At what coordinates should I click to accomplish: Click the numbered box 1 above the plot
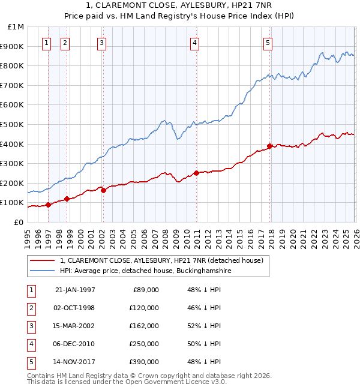tap(47, 43)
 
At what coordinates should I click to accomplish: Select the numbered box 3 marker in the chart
tap(102, 43)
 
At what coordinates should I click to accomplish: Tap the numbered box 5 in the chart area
tap(267, 43)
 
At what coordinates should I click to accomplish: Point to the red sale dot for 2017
tap(270, 146)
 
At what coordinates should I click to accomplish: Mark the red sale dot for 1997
tap(49, 205)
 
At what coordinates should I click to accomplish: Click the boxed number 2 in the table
tap(29, 308)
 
